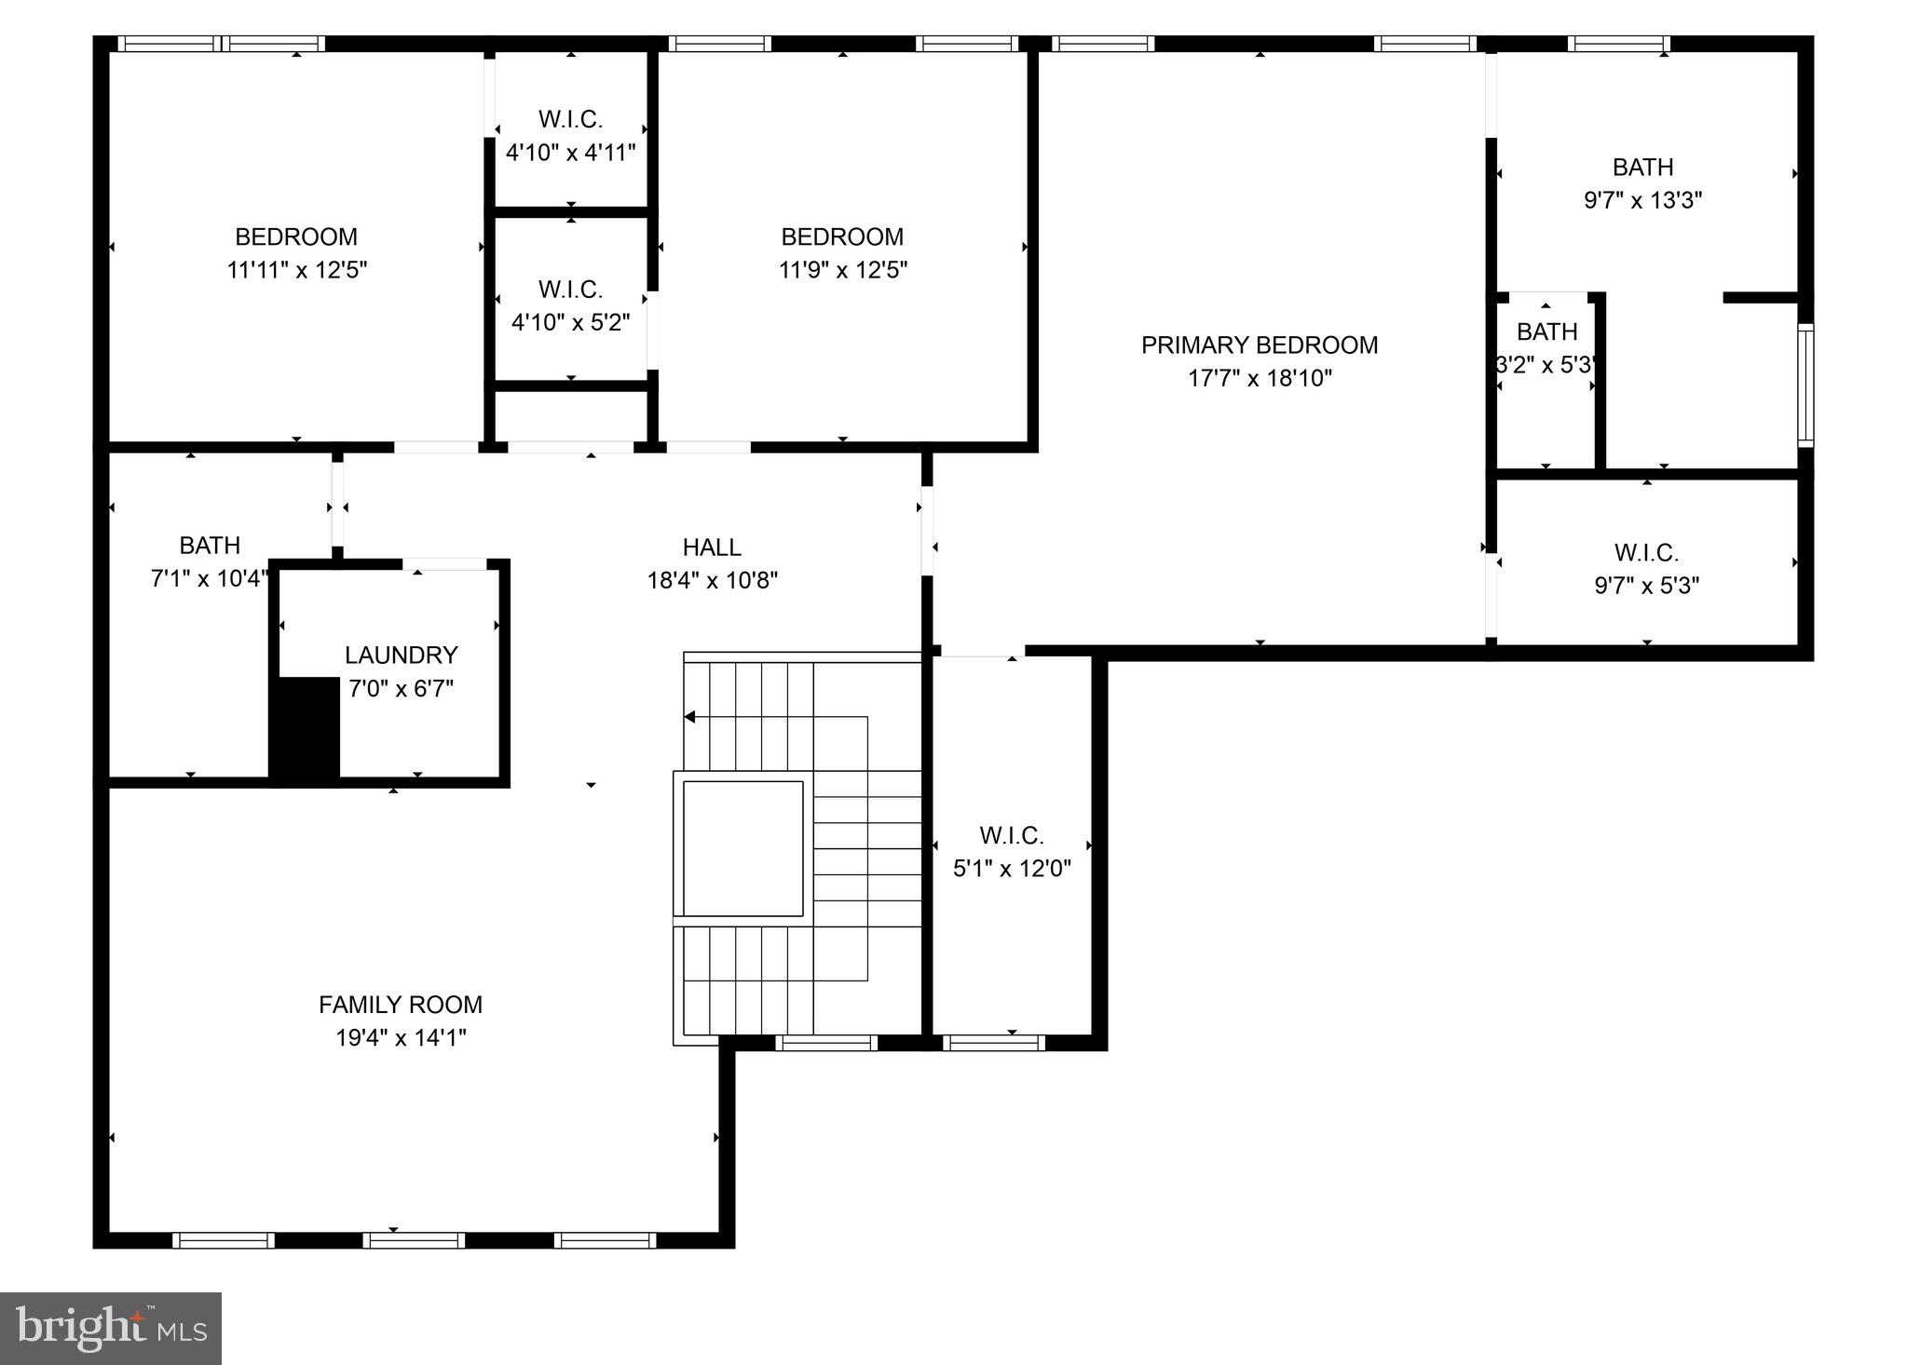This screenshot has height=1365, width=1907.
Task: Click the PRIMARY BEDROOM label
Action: (1259, 345)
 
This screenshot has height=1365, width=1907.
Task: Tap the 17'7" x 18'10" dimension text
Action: (1259, 379)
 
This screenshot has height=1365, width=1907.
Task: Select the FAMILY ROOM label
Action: (401, 1005)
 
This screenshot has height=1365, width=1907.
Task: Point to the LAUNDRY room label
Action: (401, 655)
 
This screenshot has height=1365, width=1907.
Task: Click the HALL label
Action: (712, 547)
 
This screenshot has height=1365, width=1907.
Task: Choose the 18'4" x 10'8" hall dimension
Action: (712, 581)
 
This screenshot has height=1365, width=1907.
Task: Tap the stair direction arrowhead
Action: (690, 717)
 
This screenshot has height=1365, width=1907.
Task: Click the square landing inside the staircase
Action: (742, 848)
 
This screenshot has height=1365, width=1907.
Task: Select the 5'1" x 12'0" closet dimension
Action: (1012, 869)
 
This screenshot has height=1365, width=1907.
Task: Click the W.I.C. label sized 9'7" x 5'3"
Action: (1646, 553)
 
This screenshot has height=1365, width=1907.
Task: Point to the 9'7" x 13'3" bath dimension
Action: (1642, 200)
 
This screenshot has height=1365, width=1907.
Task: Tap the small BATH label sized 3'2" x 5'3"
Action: (1546, 332)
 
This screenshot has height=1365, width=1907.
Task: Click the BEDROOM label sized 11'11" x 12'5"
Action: (296, 237)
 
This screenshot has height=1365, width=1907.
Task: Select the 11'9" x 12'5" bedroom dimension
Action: (842, 270)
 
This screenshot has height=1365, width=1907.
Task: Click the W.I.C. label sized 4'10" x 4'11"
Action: (570, 119)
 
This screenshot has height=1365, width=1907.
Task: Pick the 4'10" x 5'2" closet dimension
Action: (570, 322)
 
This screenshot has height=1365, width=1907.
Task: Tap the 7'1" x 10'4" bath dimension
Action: (210, 579)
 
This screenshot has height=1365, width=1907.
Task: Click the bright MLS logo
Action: (110, 1328)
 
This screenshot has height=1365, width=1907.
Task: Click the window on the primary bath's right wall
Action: (1805, 385)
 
